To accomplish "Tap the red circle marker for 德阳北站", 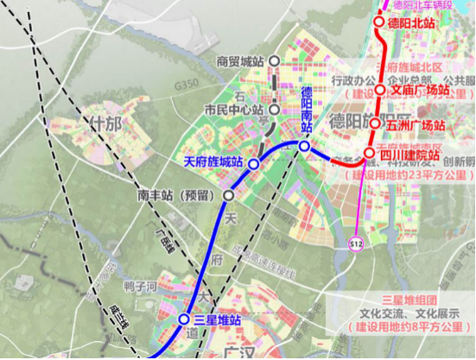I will pos(379,23).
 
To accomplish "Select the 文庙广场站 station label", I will pos(421,89).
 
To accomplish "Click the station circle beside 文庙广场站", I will pos(379,89).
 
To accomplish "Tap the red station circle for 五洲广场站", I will pos(377,123).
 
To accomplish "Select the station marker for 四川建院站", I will pos(369,155).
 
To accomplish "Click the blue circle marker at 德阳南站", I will pos(305,147).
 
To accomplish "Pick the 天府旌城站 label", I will pos(213,161).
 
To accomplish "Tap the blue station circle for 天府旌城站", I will pos(254,163).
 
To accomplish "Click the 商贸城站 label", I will pos(239,61).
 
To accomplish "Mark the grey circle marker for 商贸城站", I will pos(274,61).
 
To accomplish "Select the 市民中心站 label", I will pos(232,110).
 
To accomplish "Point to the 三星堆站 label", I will pos(218,319).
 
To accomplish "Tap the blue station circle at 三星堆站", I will pos(184,319).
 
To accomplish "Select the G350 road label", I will pos(185,87).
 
